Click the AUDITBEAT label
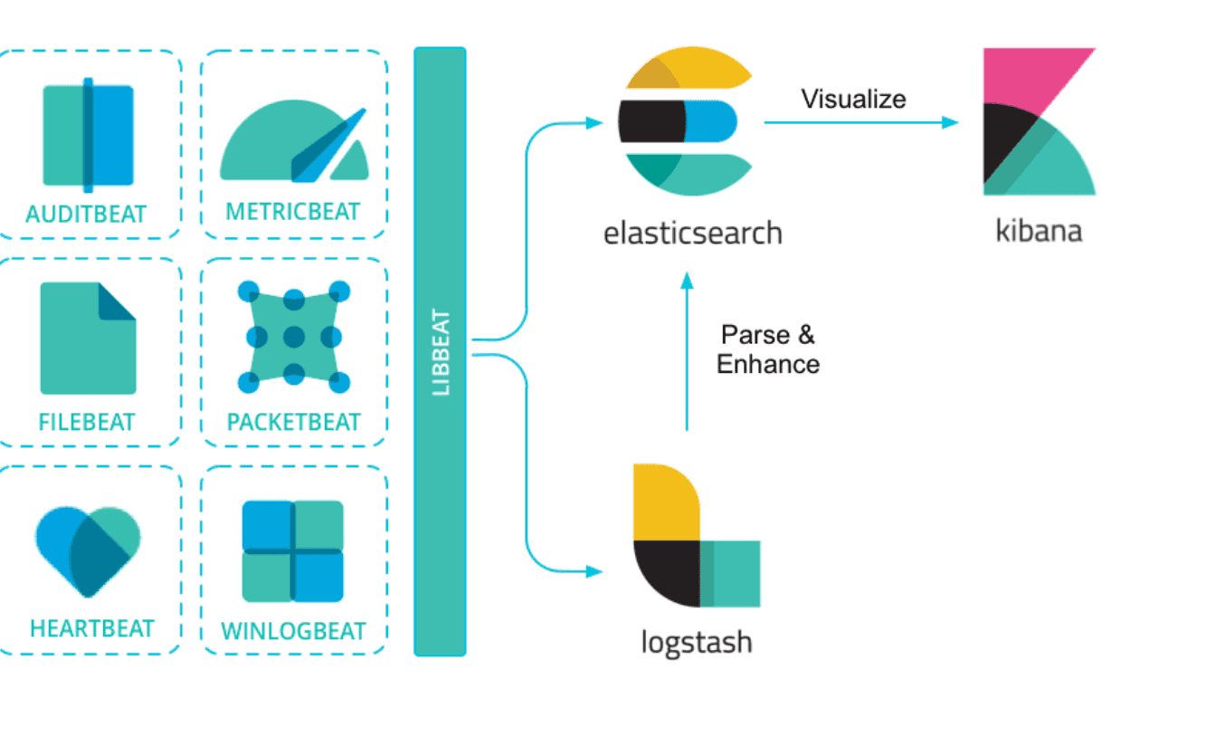click(x=86, y=214)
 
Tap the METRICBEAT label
click(x=293, y=211)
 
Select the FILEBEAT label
click(x=87, y=422)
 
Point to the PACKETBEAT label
click(x=294, y=422)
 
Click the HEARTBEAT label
click(x=92, y=628)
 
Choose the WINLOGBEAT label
click(x=294, y=631)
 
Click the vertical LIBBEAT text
click(x=441, y=352)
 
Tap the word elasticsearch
click(x=693, y=233)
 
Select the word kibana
click(x=1039, y=230)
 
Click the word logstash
click(x=697, y=643)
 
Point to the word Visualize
click(x=854, y=99)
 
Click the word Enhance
click(x=768, y=364)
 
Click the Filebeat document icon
click(x=88, y=338)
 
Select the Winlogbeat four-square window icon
click(x=292, y=551)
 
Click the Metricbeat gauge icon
click(x=294, y=141)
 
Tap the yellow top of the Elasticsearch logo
click(x=689, y=67)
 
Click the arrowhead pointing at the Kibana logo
click(x=950, y=122)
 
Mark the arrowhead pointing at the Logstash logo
click(x=594, y=571)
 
